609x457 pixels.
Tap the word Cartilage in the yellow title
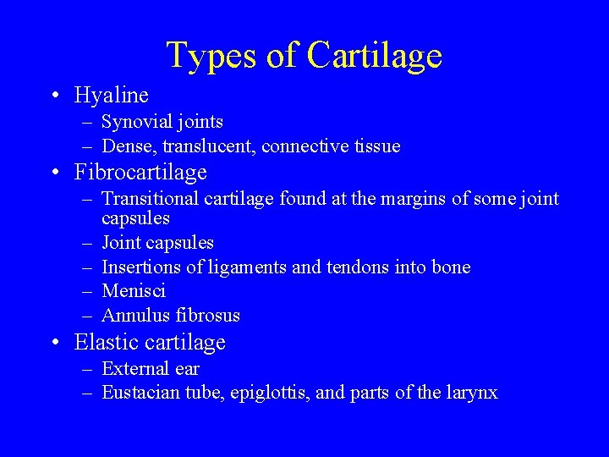click(375, 56)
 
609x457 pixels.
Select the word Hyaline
click(111, 95)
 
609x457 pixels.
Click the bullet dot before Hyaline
click(54, 96)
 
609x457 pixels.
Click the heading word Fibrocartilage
click(140, 173)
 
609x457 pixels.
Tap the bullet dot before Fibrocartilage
click(54, 173)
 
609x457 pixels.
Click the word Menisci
click(134, 291)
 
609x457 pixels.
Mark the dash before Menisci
click(87, 292)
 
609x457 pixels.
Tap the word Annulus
click(136, 316)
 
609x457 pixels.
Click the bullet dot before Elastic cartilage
click(54, 344)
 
